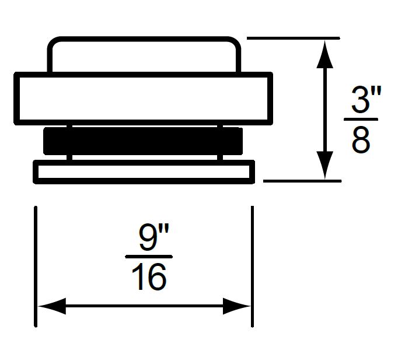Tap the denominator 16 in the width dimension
click(x=149, y=277)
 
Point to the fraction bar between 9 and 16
click(x=149, y=257)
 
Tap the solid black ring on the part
click(x=143, y=141)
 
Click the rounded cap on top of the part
click(x=143, y=55)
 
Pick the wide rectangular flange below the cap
click(x=143, y=98)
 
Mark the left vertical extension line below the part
click(x=36, y=265)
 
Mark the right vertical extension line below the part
click(x=252, y=265)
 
